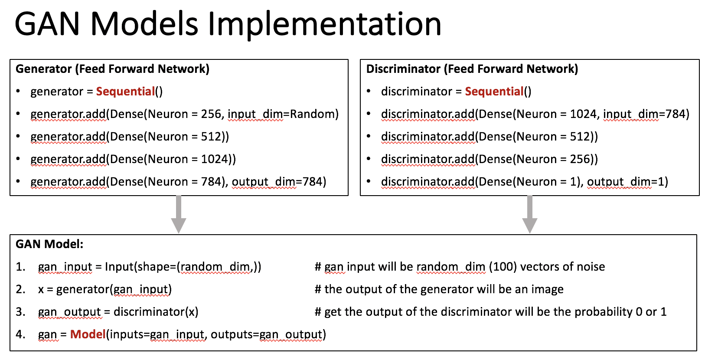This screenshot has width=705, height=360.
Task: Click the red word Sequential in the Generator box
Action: [125, 92]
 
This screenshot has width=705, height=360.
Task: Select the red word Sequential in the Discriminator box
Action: [494, 92]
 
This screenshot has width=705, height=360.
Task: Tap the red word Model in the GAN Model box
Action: [88, 334]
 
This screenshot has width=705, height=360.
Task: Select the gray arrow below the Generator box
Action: [179, 215]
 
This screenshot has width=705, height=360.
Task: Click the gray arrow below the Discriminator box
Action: [529, 215]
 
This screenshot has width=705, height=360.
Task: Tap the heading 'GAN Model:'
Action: [49, 244]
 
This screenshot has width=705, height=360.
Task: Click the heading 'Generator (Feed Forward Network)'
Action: [112, 69]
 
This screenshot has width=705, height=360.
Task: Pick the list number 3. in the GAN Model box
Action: [20, 312]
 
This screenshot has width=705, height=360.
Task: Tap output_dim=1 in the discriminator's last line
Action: [627, 182]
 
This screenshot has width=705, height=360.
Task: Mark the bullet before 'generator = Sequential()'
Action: [18, 92]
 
